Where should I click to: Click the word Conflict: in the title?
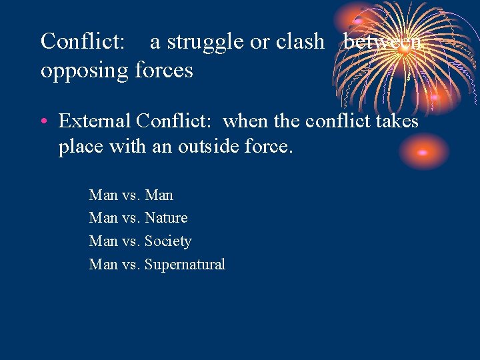[x=83, y=41]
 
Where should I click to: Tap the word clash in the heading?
[x=299, y=41]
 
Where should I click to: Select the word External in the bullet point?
[x=95, y=121]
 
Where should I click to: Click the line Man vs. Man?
[x=131, y=195]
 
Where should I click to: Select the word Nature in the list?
[x=166, y=218]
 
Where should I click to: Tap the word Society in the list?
[x=167, y=241]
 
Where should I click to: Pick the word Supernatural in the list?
[x=185, y=265]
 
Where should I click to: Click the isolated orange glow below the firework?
[x=423, y=152]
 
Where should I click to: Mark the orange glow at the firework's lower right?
[x=436, y=97]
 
